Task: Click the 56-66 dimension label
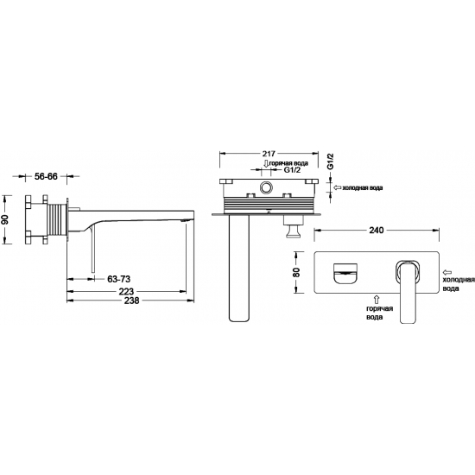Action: [x=46, y=176]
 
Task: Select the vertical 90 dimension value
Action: [x=5, y=219]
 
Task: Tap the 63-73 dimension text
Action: [x=119, y=279]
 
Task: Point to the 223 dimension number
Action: [x=126, y=291]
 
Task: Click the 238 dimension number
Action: [x=131, y=301]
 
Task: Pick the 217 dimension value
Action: [x=269, y=153]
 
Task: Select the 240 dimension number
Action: [x=377, y=231]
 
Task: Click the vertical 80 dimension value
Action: [x=296, y=272]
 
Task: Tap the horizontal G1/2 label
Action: [x=292, y=170]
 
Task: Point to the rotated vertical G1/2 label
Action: [x=331, y=161]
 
